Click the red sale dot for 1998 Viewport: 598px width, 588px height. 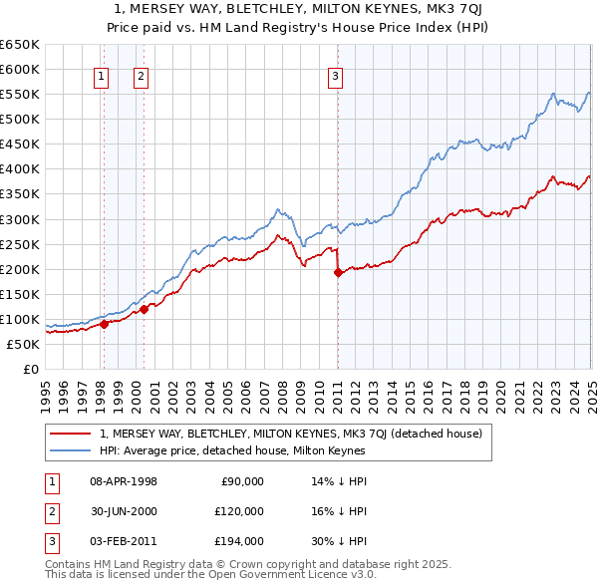pos(104,323)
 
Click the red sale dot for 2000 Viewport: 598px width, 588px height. pos(144,308)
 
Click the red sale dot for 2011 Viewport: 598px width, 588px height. pos(338,271)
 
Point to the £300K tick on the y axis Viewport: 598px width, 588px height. pos(22,219)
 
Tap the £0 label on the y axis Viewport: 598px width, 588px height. pos(30,369)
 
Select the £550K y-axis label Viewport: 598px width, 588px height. pos(22,94)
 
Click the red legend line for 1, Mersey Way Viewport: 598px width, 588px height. pos(71,434)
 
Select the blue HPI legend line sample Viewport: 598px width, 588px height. pos(71,450)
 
